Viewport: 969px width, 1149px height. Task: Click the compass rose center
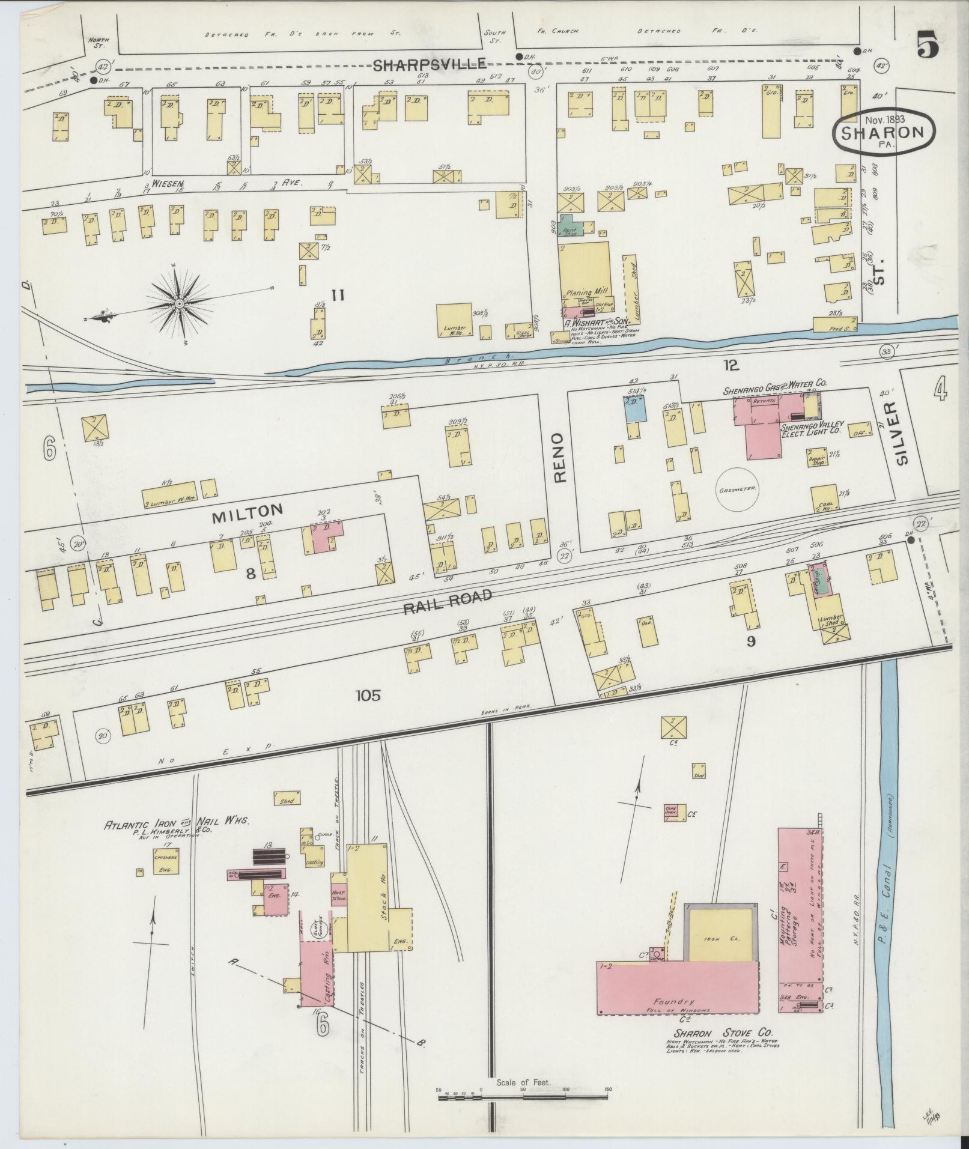point(179,305)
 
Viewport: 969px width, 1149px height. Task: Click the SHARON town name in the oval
point(883,133)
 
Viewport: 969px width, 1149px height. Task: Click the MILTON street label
point(247,511)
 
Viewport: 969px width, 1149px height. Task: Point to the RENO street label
point(560,457)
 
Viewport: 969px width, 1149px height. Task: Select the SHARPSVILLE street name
point(429,64)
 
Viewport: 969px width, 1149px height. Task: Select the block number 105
point(368,696)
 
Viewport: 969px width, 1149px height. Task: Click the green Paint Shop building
point(573,226)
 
